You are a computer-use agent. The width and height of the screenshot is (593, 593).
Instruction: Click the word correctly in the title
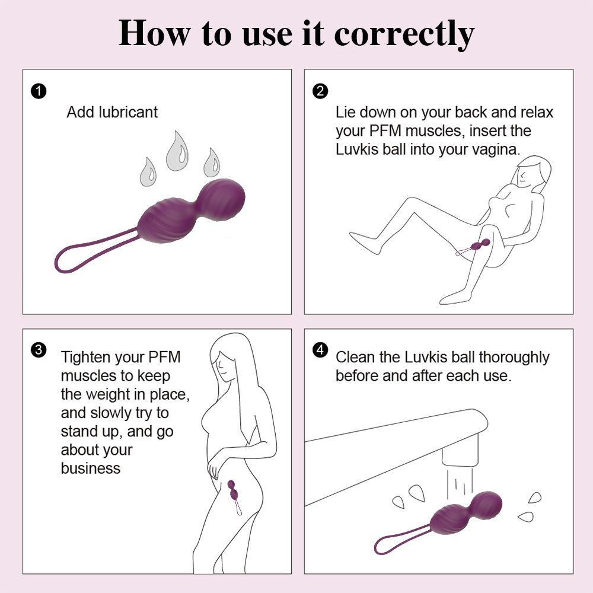tap(404, 34)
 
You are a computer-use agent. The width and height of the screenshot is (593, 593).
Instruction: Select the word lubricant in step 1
tap(129, 112)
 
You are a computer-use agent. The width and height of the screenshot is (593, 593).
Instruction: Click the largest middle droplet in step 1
tap(177, 152)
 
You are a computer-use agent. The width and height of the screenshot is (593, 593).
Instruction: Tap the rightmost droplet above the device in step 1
tap(211, 162)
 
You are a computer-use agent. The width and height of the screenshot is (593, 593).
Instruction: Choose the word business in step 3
tap(90, 468)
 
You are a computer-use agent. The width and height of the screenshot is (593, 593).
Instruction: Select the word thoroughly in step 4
tap(514, 358)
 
